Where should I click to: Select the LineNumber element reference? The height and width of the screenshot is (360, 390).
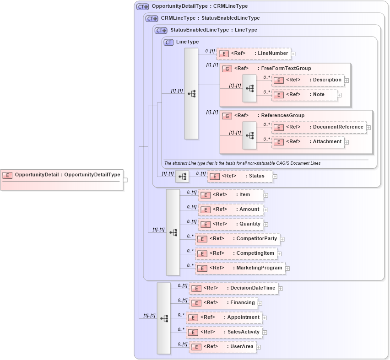(254, 54)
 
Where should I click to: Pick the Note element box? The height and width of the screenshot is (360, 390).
(304, 95)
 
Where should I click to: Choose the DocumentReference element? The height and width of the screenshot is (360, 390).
(319, 127)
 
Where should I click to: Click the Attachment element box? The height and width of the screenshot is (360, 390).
(308, 142)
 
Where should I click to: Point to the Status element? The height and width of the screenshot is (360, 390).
(240, 176)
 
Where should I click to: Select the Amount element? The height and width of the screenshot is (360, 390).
(231, 210)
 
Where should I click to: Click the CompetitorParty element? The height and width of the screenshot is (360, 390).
(237, 239)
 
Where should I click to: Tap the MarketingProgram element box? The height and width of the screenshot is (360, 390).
(240, 268)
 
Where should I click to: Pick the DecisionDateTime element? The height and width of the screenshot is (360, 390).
(234, 288)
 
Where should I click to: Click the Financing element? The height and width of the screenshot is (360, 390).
(223, 303)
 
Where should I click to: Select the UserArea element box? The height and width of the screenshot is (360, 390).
(222, 347)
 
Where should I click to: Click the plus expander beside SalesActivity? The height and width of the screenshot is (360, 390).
(265, 333)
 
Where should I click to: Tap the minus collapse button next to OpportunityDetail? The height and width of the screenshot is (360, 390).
(125, 180)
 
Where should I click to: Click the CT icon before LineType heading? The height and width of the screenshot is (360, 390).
(168, 42)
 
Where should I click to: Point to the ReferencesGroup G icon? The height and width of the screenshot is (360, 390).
(227, 116)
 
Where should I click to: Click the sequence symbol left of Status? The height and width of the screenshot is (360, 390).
(182, 176)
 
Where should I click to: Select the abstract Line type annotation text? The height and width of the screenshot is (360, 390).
(242, 163)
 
